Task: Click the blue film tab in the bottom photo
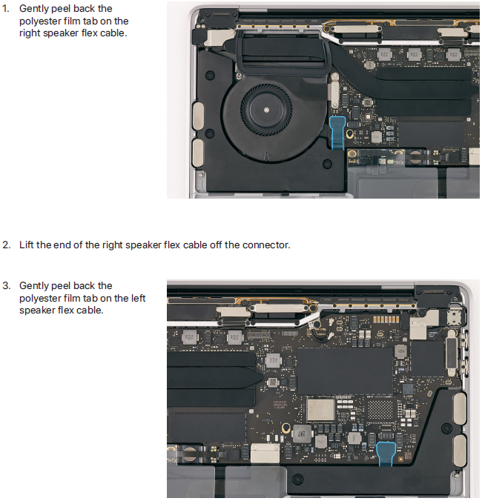click(386, 454)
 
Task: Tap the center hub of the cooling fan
click(266, 110)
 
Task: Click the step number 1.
click(5, 9)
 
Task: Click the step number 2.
click(6, 245)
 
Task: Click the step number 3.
click(6, 285)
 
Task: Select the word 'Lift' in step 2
click(27, 245)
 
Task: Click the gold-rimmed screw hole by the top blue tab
click(350, 133)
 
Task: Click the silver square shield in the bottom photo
click(320, 409)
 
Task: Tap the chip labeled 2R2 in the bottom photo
click(302, 434)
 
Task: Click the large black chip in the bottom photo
click(346, 371)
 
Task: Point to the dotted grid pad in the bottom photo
click(380, 410)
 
